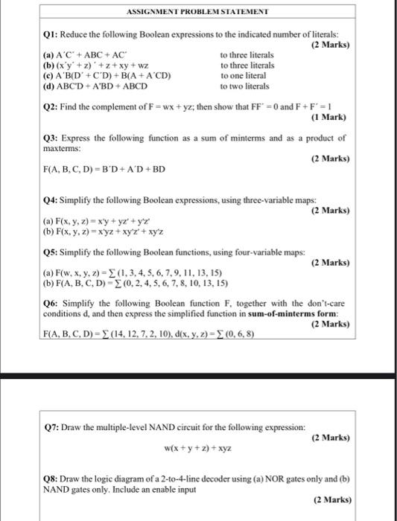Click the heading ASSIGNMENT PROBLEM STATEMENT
pyautogui.click(x=197, y=12)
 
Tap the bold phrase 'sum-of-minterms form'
pyautogui.click(x=300, y=314)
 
